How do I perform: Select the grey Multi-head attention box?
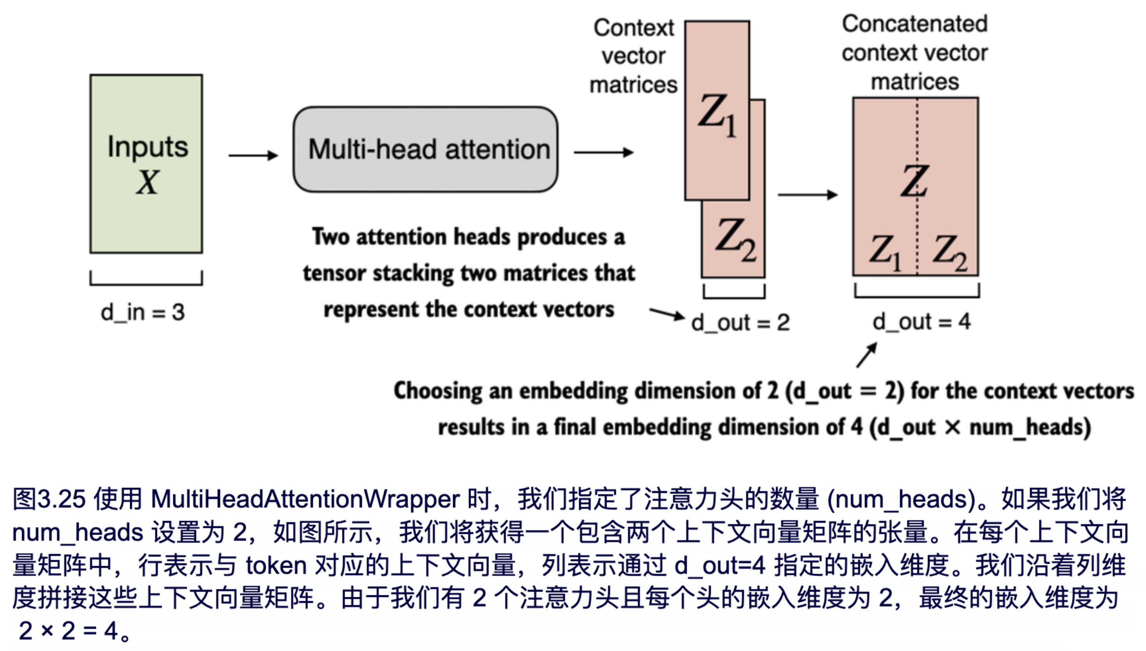click(425, 150)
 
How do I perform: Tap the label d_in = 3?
click(142, 312)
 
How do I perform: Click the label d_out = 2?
click(740, 322)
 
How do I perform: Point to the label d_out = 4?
click(922, 322)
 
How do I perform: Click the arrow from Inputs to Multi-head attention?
click(253, 155)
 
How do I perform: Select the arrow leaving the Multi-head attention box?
click(603, 153)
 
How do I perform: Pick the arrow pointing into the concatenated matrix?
click(807, 195)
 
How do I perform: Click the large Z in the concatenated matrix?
click(914, 181)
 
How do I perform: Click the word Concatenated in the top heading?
click(914, 24)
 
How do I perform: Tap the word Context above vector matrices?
click(633, 28)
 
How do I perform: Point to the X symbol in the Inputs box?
click(147, 183)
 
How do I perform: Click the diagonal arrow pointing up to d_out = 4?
click(867, 355)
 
